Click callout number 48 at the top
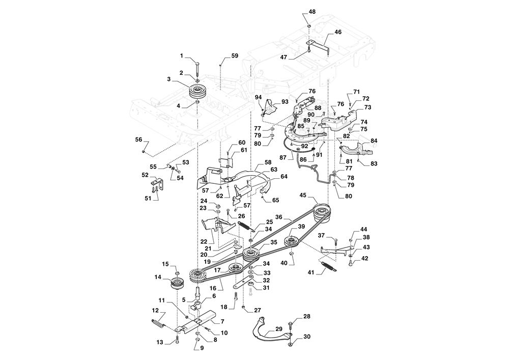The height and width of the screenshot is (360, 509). click(x=312, y=12)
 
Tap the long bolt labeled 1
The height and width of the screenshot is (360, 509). click(x=197, y=69)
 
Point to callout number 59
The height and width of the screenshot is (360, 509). click(x=234, y=56)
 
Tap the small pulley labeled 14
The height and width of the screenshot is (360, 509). click(x=177, y=285)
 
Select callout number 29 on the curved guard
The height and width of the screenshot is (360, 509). click(x=278, y=329)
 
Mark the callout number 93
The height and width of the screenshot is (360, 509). click(x=285, y=102)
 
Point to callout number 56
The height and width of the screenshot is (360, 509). click(x=138, y=140)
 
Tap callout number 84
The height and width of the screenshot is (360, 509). click(x=374, y=141)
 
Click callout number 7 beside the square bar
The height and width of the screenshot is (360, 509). click(x=222, y=322)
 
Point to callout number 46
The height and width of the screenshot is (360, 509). click(x=338, y=32)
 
